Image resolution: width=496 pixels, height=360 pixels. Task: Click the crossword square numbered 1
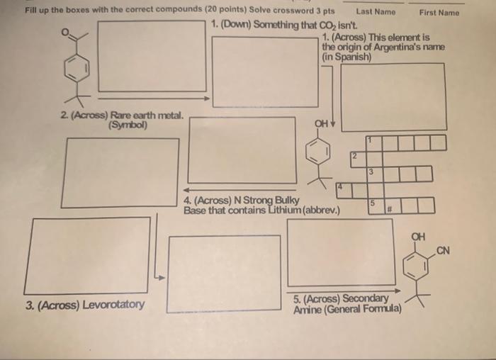(374, 142)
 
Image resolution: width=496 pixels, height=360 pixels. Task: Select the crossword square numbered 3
(373, 173)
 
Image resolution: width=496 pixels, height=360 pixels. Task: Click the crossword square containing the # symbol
(390, 207)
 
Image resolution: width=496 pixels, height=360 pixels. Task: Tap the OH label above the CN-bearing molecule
(419, 236)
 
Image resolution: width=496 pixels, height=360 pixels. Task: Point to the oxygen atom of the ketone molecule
(67, 32)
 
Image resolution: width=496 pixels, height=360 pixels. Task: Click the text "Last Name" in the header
(376, 12)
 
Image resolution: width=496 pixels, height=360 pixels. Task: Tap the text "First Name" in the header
(439, 12)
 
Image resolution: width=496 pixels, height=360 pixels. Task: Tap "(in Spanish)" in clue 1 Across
(346, 56)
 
